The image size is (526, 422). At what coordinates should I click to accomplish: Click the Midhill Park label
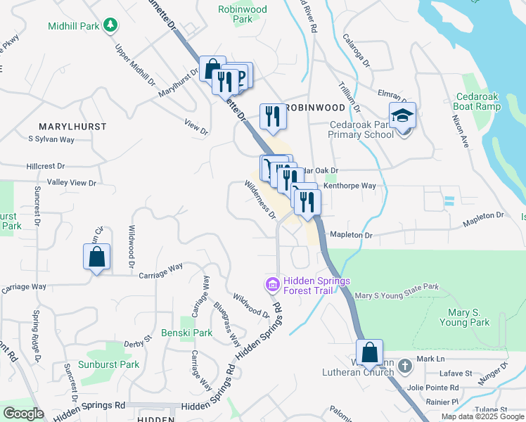pyautogui.click(x=74, y=26)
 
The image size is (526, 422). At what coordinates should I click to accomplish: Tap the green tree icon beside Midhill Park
pyautogui.click(x=110, y=26)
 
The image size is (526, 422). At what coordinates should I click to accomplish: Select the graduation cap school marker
pyautogui.click(x=403, y=116)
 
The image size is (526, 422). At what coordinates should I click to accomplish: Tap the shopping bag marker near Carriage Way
pyautogui.click(x=97, y=257)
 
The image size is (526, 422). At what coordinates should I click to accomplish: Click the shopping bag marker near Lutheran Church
pyautogui.click(x=369, y=352)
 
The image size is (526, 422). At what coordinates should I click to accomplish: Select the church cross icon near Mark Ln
pyautogui.click(x=404, y=366)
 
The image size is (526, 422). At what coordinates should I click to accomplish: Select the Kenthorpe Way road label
pyautogui.click(x=350, y=186)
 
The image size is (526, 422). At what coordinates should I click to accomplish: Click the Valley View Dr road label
pyautogui.click(x=71, y=183)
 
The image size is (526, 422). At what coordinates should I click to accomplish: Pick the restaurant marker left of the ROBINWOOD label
pyautogui.click(x=271, y=117)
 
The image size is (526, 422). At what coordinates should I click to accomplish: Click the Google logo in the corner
pyautogui.click(x=23, y=414)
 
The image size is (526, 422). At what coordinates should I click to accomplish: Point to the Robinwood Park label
pyautogui.click(x=243, y=15)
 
